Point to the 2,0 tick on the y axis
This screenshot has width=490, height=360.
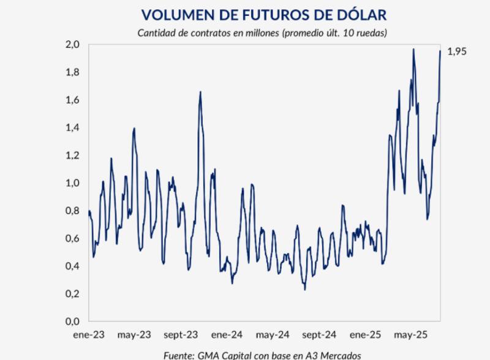73,45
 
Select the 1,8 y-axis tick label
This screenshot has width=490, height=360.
73,72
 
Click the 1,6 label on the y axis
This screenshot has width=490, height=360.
73,100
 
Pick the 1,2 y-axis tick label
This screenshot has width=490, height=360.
73,155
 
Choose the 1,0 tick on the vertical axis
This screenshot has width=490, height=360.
73,183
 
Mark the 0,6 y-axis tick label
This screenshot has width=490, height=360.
73,238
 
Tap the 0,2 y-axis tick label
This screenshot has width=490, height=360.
73,293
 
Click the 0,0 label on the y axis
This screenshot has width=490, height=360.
73,321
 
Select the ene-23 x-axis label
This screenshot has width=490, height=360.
89,335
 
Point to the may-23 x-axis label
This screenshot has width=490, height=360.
135,335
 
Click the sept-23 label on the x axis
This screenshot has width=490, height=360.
181,335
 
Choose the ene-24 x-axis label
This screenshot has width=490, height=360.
227,335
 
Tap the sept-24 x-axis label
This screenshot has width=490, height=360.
319,335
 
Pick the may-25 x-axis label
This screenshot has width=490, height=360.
411,335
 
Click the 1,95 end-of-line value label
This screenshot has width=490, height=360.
457,52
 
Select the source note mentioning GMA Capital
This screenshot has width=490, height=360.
262,354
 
